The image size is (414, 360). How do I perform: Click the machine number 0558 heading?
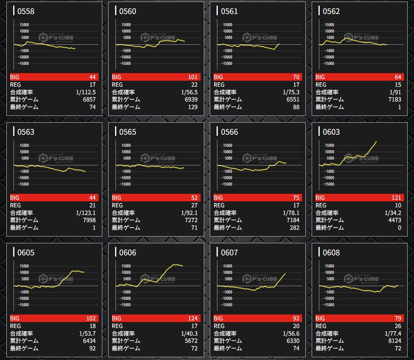coord(26,11)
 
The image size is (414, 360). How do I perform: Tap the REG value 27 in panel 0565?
coord(194,205)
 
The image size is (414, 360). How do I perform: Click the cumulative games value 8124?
coord(393,341)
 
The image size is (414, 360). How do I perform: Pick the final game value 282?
coord(294,227)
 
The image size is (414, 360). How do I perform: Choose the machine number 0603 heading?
coord(331,132)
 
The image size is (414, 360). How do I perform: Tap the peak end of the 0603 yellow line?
coord(376,141)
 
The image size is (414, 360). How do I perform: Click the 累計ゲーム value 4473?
coord(393,220)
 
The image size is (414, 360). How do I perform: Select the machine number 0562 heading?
coord(331,11)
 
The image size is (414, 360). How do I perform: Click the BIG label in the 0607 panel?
coord(219,318)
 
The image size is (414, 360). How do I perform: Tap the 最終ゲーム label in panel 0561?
coord(228,107)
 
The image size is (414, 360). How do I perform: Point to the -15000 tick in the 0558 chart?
coord(23,63)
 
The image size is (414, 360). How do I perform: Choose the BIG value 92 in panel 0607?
coord(296,318)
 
